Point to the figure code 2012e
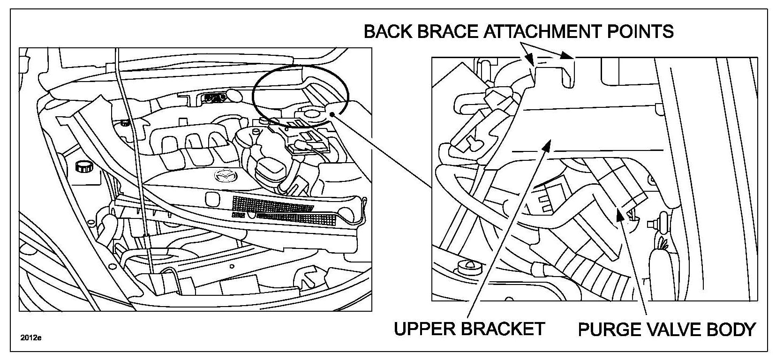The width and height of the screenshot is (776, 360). tap(30, 338)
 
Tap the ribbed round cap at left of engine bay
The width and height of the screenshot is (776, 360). tap(83, 166)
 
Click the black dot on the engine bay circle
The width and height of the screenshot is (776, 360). tap(332, 114)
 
